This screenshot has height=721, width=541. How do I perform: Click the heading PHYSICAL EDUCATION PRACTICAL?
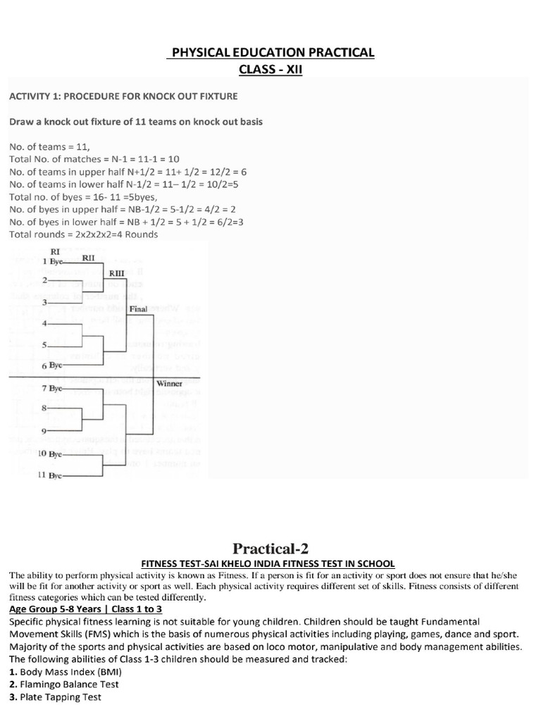click(270, 53)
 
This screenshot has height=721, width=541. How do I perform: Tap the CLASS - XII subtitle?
click(270, 70)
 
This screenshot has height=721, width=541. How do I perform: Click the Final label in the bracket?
click(139, 308)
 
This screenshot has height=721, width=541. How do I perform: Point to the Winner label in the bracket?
click(170, 384)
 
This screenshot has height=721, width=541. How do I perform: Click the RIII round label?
click(117, 272)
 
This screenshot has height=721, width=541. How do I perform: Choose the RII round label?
click(89, 258)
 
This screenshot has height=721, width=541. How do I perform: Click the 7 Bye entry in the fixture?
click(53, 388)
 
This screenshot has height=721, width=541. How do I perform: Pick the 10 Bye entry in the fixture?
click(51, 454)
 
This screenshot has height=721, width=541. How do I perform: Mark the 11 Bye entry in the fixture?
click(51, 475)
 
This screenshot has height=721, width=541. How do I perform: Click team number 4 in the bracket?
click(44, 323)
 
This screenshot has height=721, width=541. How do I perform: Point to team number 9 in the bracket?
click(44, 431)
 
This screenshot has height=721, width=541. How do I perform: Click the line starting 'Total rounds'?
click(84, 234)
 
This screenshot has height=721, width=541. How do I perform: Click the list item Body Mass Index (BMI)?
click(64, 671)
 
